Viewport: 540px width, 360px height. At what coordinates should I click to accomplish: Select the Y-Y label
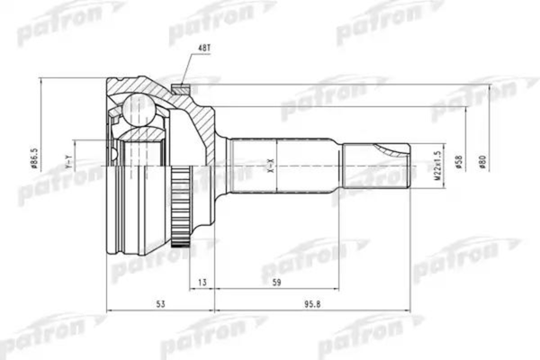tap(67, 164)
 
